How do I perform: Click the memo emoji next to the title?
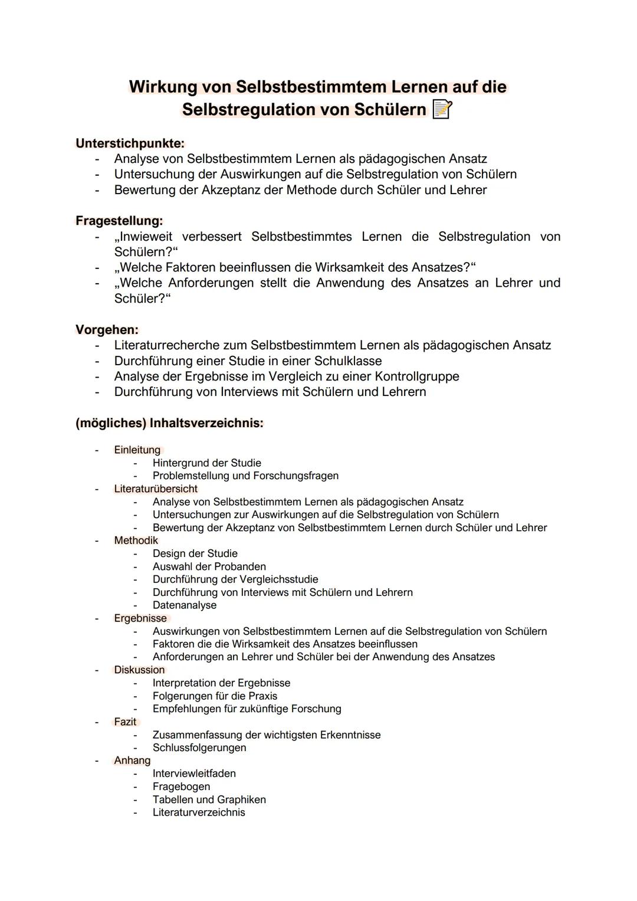[x=442, y=110]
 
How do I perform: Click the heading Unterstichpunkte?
[x=130, y=143]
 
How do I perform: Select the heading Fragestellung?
[x=119, y=221]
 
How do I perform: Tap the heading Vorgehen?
[x=107, y=329]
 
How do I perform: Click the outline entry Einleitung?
[x=137, y=450]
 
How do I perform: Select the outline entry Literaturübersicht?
[x=156, y=489]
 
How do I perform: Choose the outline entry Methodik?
[x=136, y=540]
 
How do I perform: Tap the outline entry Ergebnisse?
[x=140, y=618]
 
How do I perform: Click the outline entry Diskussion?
[x=139, y=670]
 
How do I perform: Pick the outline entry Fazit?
[x=125, y=722]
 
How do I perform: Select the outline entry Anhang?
[x=132, y=761]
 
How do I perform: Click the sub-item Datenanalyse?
[x=184, y=605]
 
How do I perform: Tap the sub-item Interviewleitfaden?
[x=194, y=774]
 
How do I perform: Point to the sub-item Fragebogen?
[x=181, y=787]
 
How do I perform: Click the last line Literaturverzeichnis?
[x=199, y=812]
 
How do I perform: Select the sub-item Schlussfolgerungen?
[x=199, y=748]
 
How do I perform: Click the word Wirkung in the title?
[x=163, y=87]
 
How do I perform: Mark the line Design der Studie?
[x=195, y=553]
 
